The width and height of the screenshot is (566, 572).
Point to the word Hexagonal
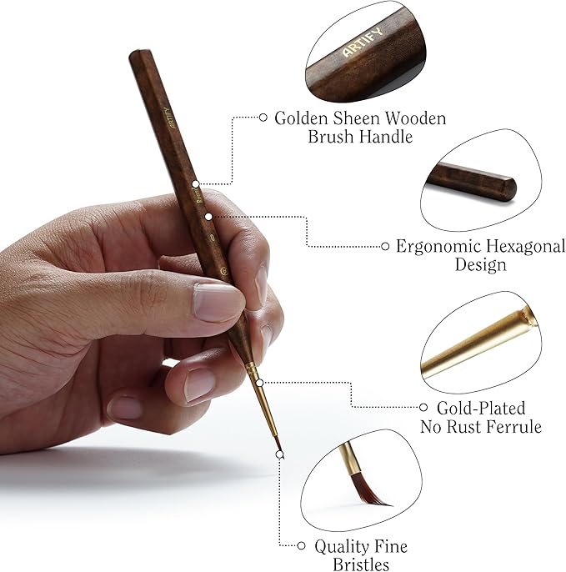point(523,247)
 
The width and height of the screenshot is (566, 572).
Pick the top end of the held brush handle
point(137,57)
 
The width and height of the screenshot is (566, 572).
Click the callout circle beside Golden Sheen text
point(263,118)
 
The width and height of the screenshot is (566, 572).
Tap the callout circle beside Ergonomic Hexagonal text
point(385,246)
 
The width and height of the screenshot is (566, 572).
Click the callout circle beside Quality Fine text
point(302,546)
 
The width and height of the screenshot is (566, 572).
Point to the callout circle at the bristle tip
point(280,454)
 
